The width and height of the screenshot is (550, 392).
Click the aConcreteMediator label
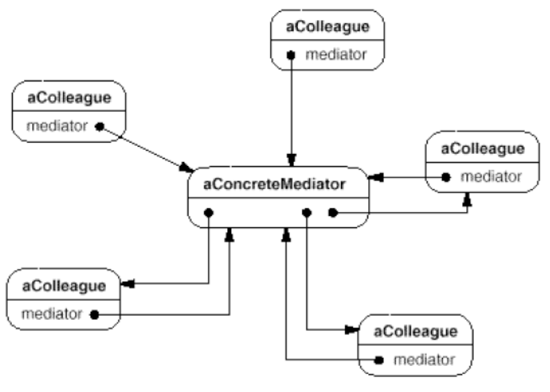pyautogui.click(x=274, y=185)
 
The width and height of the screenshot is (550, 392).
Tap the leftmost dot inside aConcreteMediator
pyautogui.click(x=208, y=213)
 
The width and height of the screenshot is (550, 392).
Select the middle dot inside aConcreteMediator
pyautogui.click(x=306, y=213)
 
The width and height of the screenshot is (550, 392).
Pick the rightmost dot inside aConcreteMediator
pyautogui.click(x=332, y=213)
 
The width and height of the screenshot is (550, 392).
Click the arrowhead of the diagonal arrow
pyautogui.click(x=186, y=167)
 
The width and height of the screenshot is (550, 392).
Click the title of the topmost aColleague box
pyautogui.click(x=328, y=27)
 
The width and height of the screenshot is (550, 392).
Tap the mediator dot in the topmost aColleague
pyautogui.click(x=291, y=55)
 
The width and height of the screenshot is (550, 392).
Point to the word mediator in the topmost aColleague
pyautogui.click(x=336, y=55)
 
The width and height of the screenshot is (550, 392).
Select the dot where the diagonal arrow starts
pyautogui.click(x=100, y=127)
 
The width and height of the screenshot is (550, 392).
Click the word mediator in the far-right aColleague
pyautogui.click(x=491, y=177)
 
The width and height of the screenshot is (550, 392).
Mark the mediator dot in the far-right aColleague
pyautogui.click(x=446, y=177)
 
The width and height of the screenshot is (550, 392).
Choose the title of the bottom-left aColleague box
pyautogui.click(x=64, y=286)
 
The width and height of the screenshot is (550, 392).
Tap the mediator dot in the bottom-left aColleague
pyautogui.click(x=95, y=315)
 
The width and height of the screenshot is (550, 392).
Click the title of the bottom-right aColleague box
pyautogui.click(x=415, y=331)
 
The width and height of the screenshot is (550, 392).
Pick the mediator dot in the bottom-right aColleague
pyautogui.click(x=379, y=360)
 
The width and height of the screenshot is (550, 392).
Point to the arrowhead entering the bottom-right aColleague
pyautogui.click(x=352, y=330)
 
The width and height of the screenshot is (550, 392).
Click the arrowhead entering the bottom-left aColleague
pyautogui.click(x=128, y=283)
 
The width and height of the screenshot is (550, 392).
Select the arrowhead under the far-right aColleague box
pyautogui.click(x=467, y=199)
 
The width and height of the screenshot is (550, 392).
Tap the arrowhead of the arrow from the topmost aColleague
pyautogui.click(x=291, y=160)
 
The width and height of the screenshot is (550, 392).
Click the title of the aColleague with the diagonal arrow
pyautogui.click(x=69, y=97)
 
